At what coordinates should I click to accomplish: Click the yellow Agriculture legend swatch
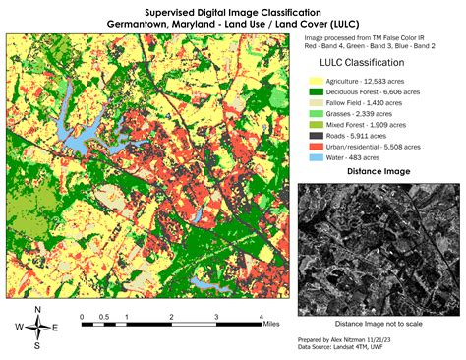[318, 80]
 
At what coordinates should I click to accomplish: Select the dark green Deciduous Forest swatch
[318, 91]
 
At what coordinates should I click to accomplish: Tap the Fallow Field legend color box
[318, 103]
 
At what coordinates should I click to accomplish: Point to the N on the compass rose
[37, 310]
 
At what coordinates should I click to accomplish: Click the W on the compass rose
[20, 328]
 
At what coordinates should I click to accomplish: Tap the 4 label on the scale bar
[261, 317]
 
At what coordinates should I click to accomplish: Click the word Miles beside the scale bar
[279, 317]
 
